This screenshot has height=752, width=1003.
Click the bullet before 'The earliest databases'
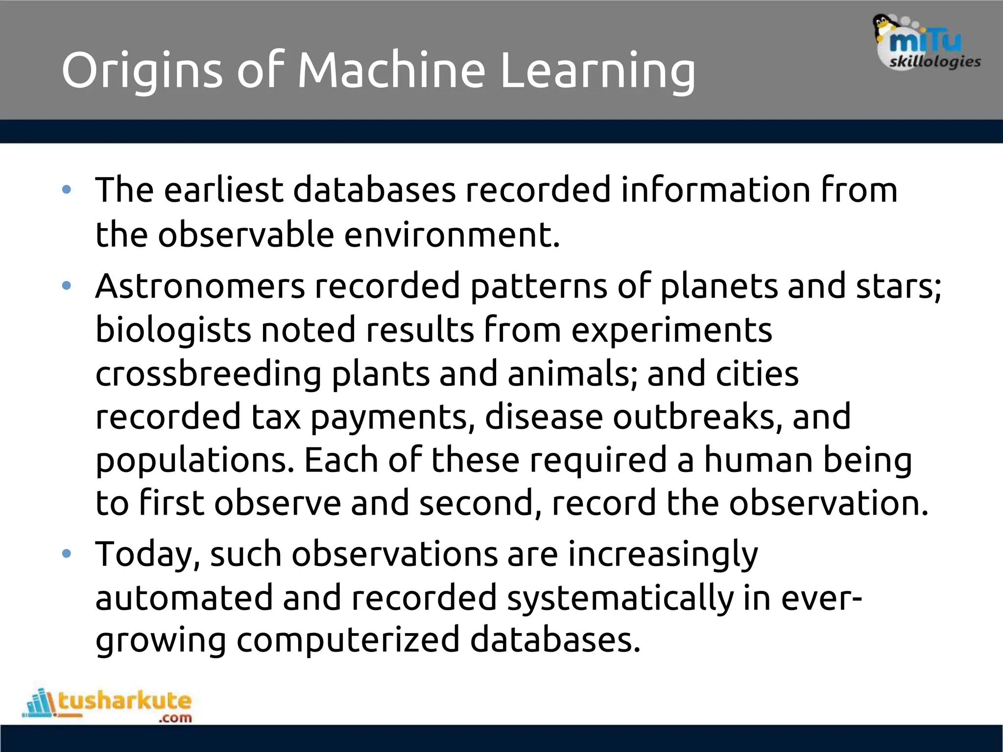(67, 190)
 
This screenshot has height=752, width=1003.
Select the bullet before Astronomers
(67, 286)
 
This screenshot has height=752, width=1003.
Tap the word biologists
(173, 330)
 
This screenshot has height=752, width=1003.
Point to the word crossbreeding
(208, 374)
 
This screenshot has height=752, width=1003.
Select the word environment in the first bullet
(452, 235)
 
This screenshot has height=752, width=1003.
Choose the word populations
(194, 461)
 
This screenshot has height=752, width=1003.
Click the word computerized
(348, 640)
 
